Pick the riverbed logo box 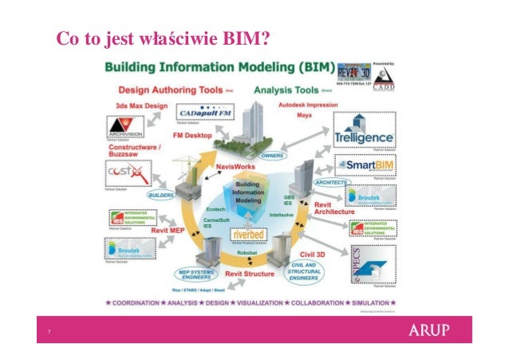pos(250,235)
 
